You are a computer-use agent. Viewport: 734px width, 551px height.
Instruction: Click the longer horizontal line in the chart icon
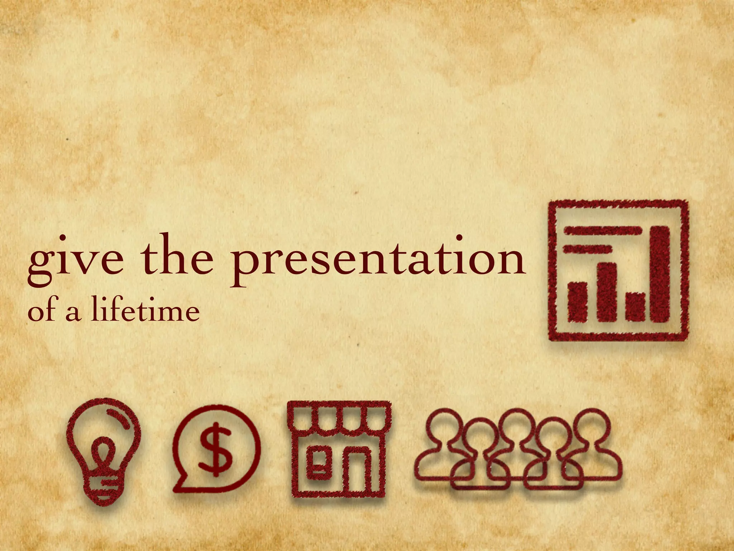[x=602, y=231]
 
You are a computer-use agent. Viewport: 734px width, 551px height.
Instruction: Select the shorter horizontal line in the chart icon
[x=587, y=248]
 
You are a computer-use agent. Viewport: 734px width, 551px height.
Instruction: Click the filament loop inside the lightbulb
[x=103, y=453]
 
